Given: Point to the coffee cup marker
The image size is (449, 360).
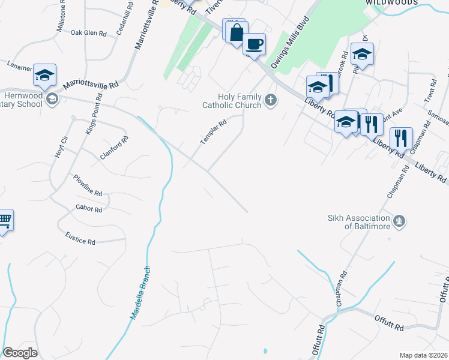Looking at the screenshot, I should pos(255,44).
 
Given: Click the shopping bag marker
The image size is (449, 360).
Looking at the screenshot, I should pos(237,31).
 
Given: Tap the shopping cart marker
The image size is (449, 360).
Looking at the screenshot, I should pos(4,221).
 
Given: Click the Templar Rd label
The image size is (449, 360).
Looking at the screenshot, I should pos(213,131).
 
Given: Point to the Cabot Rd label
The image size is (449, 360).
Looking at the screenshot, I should pos(89,209).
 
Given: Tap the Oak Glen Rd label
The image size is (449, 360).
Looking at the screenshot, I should pos(88,33).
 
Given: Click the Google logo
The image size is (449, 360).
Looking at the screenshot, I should pos(20,353).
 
